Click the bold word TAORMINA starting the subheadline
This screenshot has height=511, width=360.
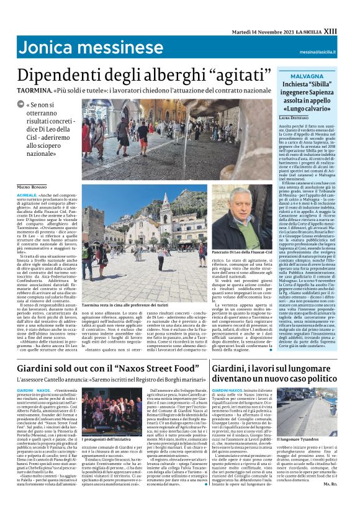(36, 90)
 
